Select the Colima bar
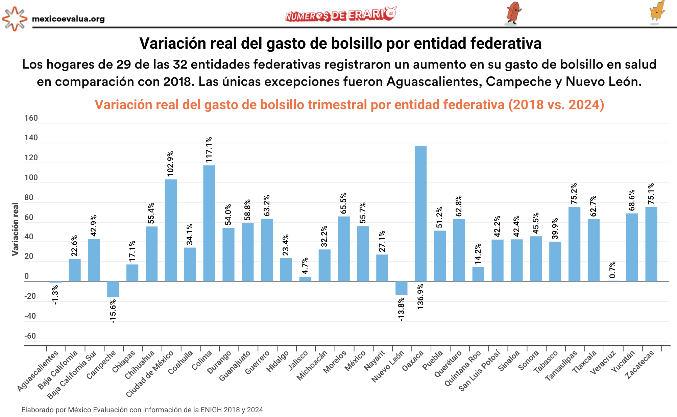coord(209,223)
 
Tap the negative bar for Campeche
coord(113,289)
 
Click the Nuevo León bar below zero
coord(401,288)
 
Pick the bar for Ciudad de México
coord(171,230)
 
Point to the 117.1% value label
coord(209,150)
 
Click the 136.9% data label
coord(420,296)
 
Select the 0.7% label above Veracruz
coord(612,270)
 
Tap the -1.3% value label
coord(55,295)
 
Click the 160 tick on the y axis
coord(31,118)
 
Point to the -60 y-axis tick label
coord(30,336)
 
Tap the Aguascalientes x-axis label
coord(38,371)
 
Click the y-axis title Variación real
coord(15,229)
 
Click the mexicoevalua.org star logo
coord(15,19)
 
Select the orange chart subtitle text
coord(349,105)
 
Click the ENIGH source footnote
coord(143,410)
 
